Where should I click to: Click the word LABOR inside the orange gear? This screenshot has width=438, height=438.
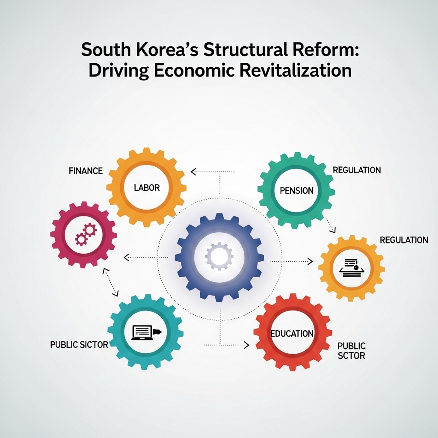tap(147, 188)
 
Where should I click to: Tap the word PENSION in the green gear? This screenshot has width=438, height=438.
tap(297, 191)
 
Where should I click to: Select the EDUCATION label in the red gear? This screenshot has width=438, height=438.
tap(292, 334)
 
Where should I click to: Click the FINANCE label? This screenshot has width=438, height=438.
tap(86, 171)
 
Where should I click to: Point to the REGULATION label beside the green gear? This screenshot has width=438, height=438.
tap(357, 170)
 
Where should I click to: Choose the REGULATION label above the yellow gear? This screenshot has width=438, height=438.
tap(404, 240)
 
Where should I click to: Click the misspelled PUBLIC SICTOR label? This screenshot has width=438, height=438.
tap(79, 345)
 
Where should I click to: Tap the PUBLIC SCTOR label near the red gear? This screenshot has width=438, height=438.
tap(352, 351)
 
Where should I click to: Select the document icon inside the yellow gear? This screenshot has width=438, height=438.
tap(352, 268)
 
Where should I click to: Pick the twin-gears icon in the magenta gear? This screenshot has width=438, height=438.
tap(86, 234)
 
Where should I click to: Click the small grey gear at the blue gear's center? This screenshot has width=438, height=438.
tap(219, 256)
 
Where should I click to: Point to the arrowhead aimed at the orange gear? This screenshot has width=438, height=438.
tap(193, 172)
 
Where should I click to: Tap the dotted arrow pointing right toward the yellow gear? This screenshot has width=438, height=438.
tap(291, 261)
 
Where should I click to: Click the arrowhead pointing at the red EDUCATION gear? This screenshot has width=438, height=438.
tap(246, 345)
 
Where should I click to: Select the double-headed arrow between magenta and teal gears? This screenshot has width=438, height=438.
tap(111, 282)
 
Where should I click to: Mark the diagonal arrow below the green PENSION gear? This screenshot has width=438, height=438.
tap(330, 225)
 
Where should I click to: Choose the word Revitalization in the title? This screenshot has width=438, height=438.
tap(296, 71)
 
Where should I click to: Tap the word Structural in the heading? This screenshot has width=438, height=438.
tap(246, 50)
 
